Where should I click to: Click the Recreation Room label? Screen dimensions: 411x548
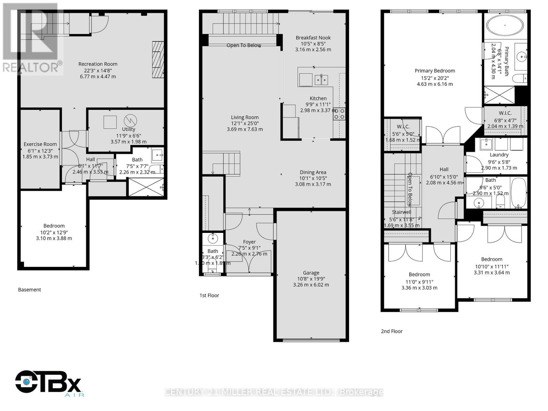pos(98,64)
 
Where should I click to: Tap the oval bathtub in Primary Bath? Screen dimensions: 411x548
pos(505,25)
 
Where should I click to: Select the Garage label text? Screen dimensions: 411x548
pos(311,273)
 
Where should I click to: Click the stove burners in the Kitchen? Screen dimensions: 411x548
pos(339,114)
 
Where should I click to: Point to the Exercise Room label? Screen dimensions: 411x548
pos(40,144)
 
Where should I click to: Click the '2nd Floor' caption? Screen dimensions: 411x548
pos(391,331)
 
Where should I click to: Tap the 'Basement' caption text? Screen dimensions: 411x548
pos(29,289)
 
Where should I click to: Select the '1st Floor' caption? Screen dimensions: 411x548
pos(209,295)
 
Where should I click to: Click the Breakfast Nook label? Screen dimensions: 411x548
pos(313,38)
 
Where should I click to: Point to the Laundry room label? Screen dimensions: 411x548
pos(499,155)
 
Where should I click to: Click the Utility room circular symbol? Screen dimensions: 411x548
pos(130,120)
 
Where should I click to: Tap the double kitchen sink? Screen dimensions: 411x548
pos(321,80)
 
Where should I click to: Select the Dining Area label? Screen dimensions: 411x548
pos(313,172)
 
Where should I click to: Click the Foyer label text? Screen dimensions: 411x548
pos(249,242)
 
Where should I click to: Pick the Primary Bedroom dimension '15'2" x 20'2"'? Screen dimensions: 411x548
pos(435,78)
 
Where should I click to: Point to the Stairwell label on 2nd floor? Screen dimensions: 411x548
pos(401,212)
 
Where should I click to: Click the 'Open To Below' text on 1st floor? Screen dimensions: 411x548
pos(244,45)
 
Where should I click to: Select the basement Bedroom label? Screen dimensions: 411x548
pos(54,226)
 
